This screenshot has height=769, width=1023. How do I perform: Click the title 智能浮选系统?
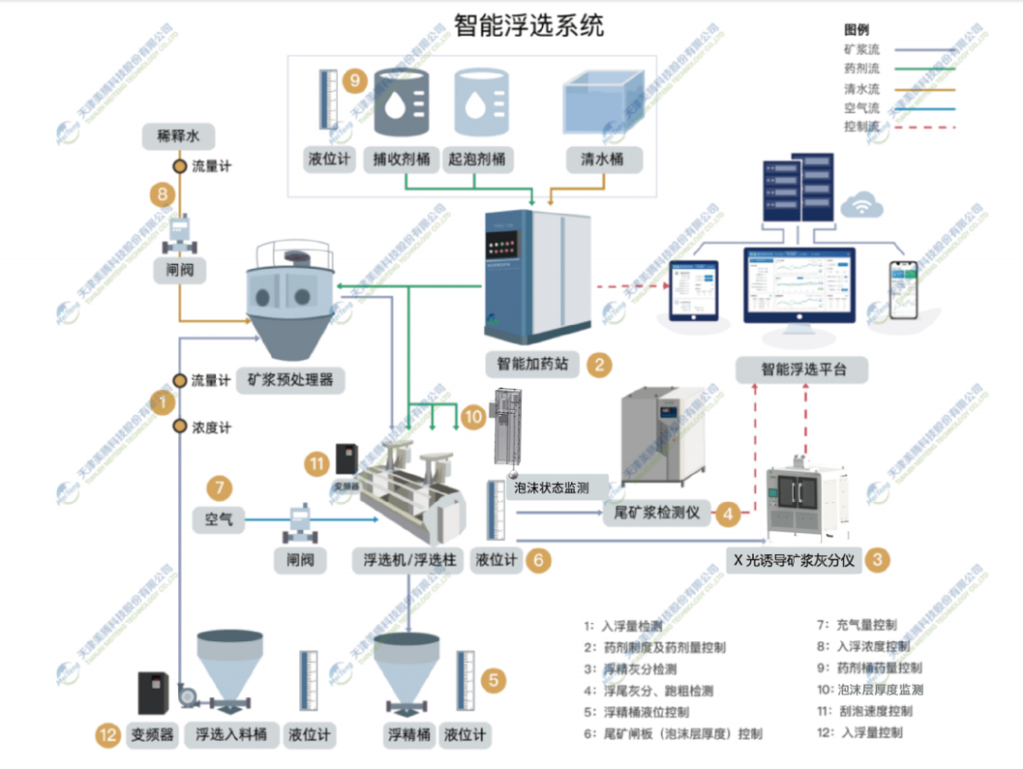528,25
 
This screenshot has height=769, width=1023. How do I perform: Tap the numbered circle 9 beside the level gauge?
355,80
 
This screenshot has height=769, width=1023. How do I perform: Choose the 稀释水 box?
178,136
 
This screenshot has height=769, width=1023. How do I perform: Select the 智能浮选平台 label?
801,369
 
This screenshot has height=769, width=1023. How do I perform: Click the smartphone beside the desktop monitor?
903,291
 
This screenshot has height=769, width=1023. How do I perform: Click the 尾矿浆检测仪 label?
652,512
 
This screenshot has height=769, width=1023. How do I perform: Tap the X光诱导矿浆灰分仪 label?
794,560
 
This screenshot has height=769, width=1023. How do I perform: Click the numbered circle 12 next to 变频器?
109,733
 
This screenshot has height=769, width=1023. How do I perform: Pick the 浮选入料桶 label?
231,734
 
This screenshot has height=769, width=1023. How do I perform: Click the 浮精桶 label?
408,734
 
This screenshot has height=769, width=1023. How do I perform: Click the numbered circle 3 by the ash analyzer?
879,560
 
